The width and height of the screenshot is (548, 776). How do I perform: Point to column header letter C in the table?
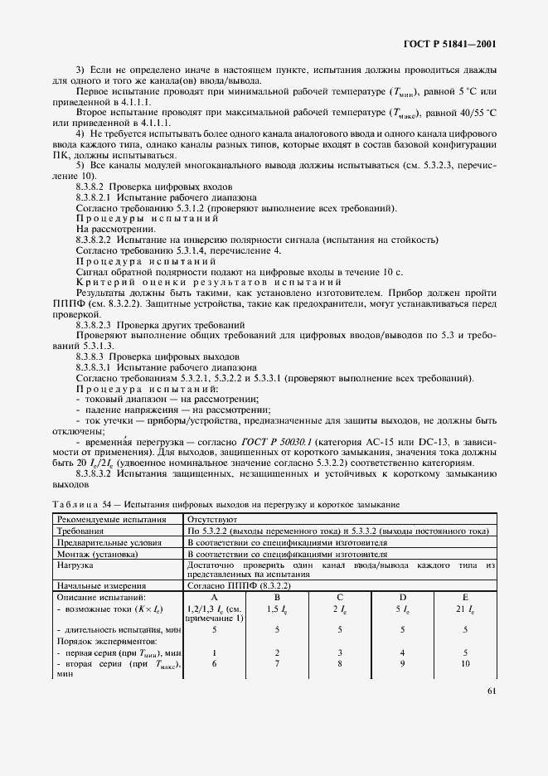point(340,597)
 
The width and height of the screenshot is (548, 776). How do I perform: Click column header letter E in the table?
point(465,597)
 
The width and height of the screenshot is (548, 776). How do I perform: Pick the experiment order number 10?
point(465,663)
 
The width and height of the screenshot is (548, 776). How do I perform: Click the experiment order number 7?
point(278,663)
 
